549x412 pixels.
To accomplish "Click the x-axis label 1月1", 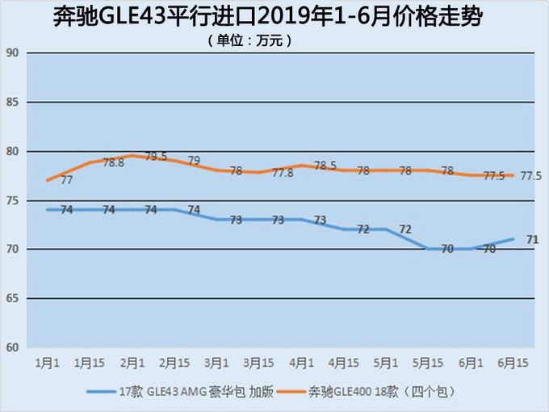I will [x=47, y=363].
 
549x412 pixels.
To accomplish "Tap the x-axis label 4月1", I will [x=300, y=363].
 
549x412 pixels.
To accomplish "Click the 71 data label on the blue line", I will [x=532, y=239].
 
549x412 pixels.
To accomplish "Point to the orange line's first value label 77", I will [x=67, y=180].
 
